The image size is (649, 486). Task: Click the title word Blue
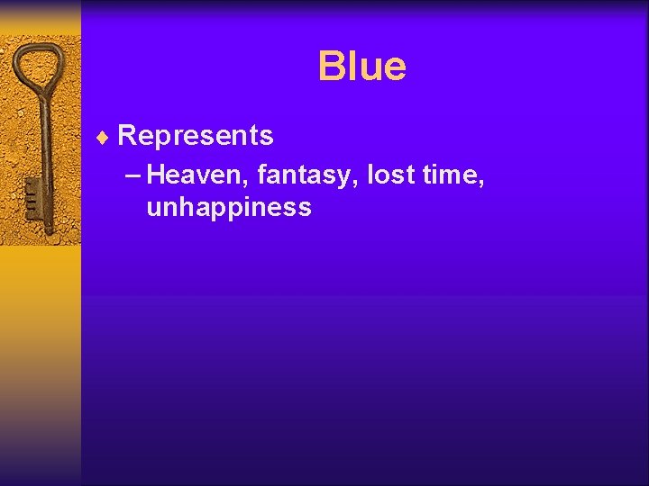(x=361, y=67)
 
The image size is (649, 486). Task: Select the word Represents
(x=196, y=136)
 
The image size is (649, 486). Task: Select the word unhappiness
(x=228, y=208)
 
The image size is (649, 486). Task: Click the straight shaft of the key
(x=46, y=153)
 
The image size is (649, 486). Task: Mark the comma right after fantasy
(x=360, y=182)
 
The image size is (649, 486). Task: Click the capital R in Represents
(x=127, y=136)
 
